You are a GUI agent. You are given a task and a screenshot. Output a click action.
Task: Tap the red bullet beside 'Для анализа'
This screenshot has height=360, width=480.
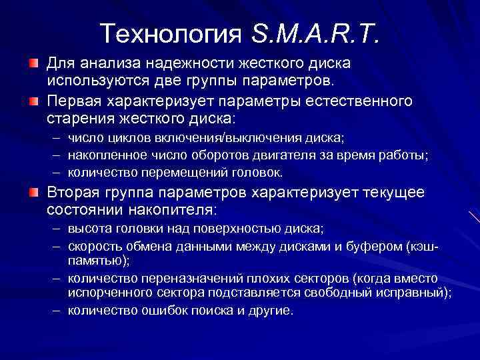[33, 64]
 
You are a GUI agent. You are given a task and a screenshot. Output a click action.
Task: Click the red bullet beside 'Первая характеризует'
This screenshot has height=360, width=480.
[33, 101]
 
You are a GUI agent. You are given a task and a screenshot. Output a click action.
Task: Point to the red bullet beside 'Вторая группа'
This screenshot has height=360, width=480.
[33, 193]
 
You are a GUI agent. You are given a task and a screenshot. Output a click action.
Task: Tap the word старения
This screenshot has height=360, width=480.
[77, 118]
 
